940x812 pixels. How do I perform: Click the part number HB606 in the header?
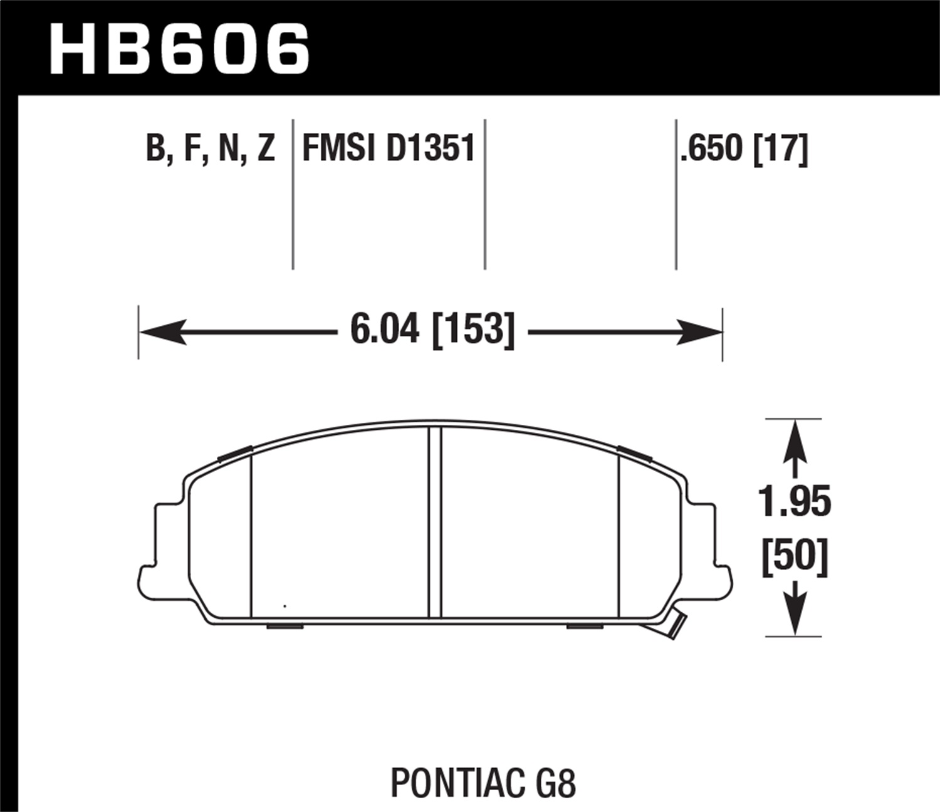pos(179,48)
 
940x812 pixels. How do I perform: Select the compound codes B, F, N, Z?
pos(210,148)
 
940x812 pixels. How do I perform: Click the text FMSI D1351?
pos(389,148)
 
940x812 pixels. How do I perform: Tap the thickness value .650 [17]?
pos(744,148)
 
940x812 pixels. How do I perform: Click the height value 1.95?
pos(795,501)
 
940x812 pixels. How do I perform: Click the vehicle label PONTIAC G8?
pos(483,766)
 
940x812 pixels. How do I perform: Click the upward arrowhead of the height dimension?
pos(795,439)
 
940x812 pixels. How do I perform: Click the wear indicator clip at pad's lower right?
pos(674,625)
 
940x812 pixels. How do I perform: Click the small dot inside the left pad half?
pos(285,606)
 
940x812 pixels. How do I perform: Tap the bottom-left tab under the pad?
pos(285,626)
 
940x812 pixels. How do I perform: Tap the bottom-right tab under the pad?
pos(585,626)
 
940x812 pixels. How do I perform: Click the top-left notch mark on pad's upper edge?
pos(235,454)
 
